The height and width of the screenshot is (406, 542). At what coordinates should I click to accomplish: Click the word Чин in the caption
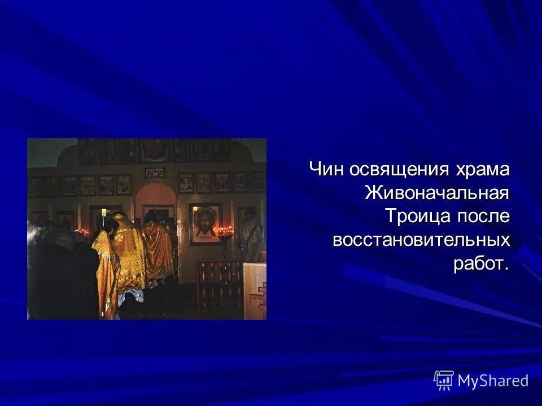326,169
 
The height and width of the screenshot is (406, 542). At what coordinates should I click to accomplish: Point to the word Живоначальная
437,193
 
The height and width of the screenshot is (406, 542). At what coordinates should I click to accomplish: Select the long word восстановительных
421,240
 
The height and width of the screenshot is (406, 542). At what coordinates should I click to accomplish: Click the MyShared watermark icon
444,381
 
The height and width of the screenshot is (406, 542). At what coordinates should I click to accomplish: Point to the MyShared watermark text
493,381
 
